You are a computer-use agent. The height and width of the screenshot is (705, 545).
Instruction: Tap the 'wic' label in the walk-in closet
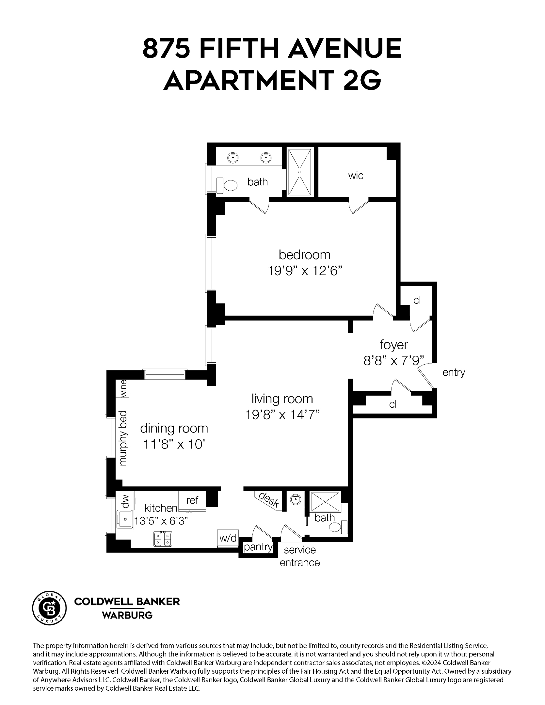click(356, 176)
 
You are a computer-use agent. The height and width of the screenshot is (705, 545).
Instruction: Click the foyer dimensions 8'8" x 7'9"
click(393, 361)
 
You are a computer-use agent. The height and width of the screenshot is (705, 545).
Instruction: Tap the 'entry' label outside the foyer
click(454, 372)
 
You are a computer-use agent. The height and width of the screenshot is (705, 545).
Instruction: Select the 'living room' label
click(282, 399)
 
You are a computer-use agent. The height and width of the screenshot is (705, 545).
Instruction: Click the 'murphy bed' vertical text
click(123, 437)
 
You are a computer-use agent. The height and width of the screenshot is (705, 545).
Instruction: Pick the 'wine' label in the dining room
click(123, 388)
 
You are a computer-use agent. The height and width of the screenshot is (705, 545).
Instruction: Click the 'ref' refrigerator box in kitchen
click(192, 500)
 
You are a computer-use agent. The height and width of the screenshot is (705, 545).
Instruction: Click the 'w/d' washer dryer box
click(228, 538)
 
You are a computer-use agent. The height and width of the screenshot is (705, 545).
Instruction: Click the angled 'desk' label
click(269, 500)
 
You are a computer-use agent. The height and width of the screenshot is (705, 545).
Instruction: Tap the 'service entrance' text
click(300, 556)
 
